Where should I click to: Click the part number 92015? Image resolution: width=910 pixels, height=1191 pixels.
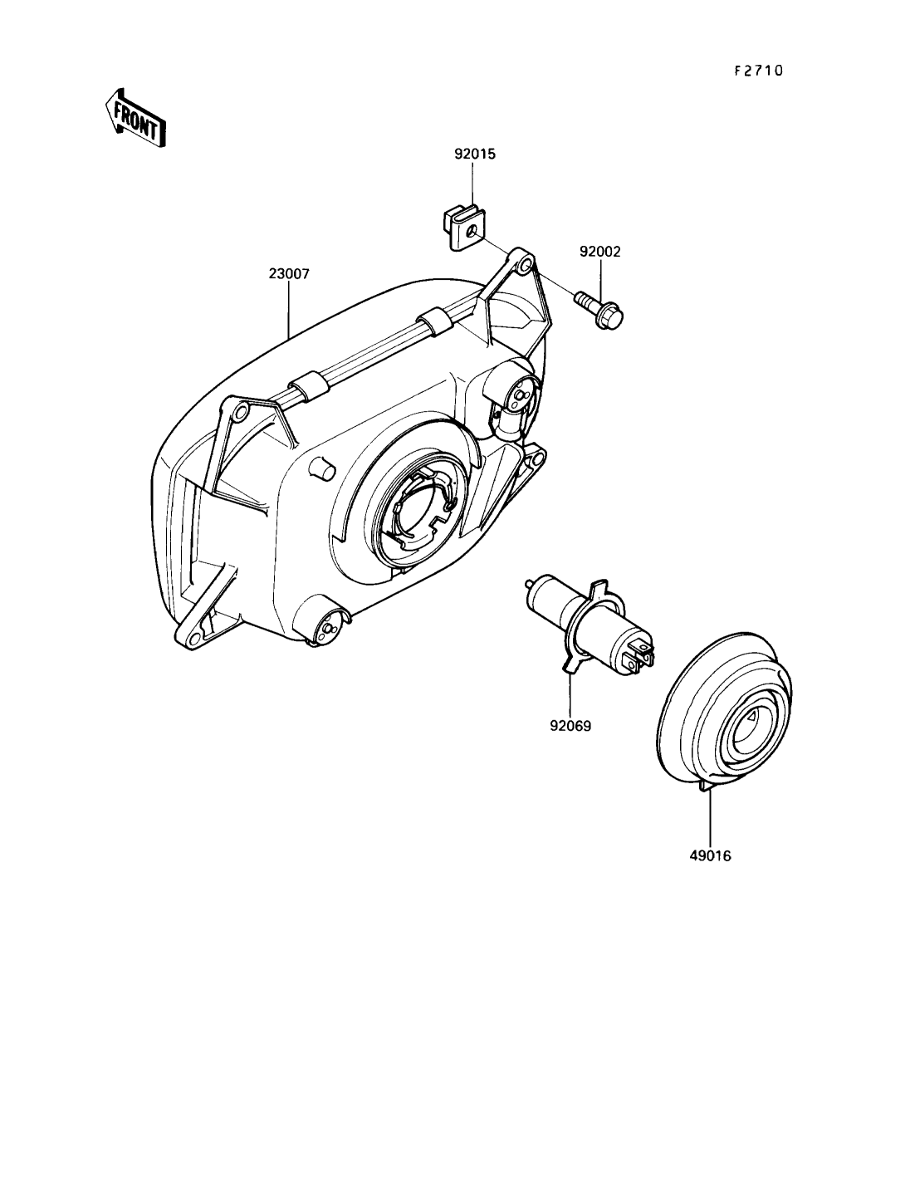pos(475,154)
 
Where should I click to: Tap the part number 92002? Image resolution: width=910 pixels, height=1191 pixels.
pos(599,252)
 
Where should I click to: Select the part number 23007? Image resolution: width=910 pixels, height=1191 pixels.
pos(289,273)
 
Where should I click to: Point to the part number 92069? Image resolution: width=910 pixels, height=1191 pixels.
pos(570,726)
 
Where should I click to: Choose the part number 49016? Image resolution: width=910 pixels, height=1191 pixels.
pos(710,855)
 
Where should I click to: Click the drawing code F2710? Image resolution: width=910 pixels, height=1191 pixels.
pos(758,71)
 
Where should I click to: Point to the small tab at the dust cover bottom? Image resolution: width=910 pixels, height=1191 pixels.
pos(706,785)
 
